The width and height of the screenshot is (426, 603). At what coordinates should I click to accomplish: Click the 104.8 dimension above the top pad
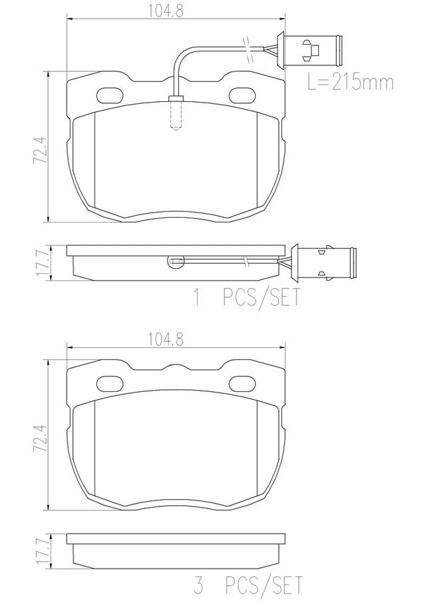166,11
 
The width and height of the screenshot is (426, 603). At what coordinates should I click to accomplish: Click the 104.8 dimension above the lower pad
166,339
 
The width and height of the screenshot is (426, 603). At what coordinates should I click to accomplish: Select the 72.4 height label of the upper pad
41,150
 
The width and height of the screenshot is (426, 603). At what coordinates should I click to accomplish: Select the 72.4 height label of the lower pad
41,437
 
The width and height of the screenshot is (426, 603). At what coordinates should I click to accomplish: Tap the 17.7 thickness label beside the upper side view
42,263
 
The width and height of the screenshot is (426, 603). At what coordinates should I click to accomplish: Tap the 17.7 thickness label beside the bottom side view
42,551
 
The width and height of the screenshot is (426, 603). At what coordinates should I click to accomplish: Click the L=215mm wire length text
350,82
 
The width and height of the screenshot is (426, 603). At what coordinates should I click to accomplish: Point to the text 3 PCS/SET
248,585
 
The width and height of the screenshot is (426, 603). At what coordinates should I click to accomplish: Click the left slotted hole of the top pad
109,95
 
